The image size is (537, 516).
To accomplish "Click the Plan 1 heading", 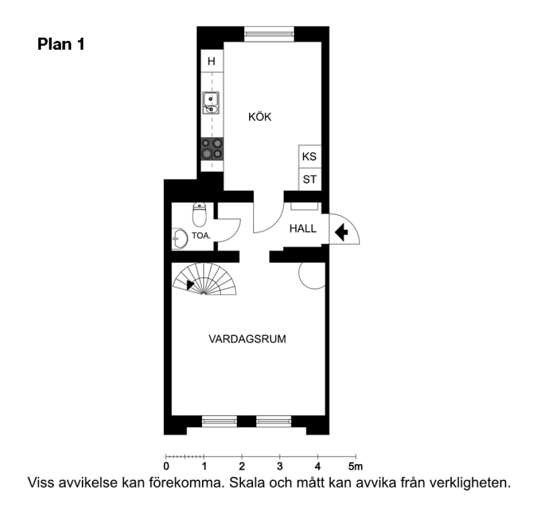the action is click(61, 44).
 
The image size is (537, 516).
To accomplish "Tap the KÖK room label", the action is click(259, 116).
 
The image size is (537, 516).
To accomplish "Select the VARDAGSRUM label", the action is click(247, 339).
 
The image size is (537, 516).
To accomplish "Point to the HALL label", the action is click(303, 229).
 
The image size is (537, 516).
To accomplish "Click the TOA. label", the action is click(202, 236).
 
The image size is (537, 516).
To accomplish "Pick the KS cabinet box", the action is click(310, 157).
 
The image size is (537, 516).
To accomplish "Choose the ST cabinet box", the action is click(310, 179).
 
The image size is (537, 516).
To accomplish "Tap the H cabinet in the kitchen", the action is click(212, 61).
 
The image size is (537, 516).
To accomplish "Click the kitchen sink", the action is click(211, 103).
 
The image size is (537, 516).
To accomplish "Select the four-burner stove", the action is click(212, 148).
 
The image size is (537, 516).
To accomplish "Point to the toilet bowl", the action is click(199, 214).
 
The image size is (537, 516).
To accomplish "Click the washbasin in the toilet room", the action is click(180, 238).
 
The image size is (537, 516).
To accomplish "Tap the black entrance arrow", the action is click(341, 232).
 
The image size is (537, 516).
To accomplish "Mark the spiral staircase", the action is click(204, 279).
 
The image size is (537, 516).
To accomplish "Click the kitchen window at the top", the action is click(269, 34).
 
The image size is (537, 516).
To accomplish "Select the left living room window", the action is click(219, 421).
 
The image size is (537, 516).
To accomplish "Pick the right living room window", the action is click(274, 421).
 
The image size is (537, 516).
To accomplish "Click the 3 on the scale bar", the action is click(280, 466).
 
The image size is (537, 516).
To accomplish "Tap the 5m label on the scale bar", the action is click(356, 466).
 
